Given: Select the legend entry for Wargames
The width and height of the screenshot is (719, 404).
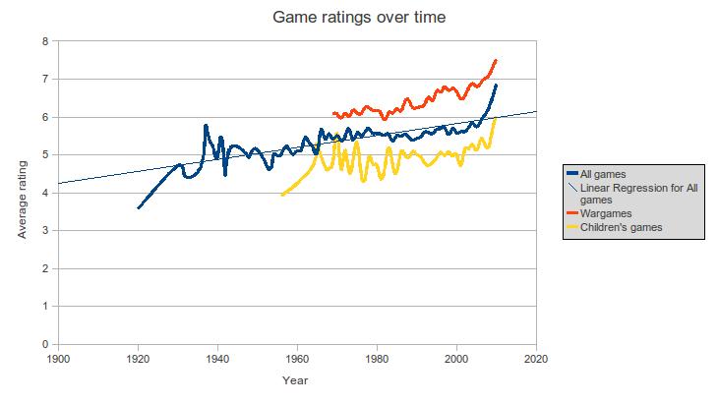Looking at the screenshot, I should (x=606, y=213).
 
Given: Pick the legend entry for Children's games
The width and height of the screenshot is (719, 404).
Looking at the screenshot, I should (x=622, y=227).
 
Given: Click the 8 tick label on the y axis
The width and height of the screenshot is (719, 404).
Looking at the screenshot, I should (x=45, y=41).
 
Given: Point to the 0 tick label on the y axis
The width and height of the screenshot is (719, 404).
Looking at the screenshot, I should (x=45, y=345).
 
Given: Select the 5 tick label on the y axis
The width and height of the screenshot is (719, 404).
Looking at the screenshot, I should (x=45, y=155).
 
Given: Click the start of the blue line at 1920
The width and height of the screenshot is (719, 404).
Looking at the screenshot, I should (x=138, y=207).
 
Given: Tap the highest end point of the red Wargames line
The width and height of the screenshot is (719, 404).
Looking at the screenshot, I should (x=497, y=60).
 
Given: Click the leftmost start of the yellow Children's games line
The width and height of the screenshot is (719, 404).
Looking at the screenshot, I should (x=281, y=195).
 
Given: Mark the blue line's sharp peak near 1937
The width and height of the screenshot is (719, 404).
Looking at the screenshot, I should (x=206, y=126).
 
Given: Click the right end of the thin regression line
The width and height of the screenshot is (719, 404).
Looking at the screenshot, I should (x=536, y=111).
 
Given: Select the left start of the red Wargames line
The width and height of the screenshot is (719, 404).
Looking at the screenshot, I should (x=333, y=114).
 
